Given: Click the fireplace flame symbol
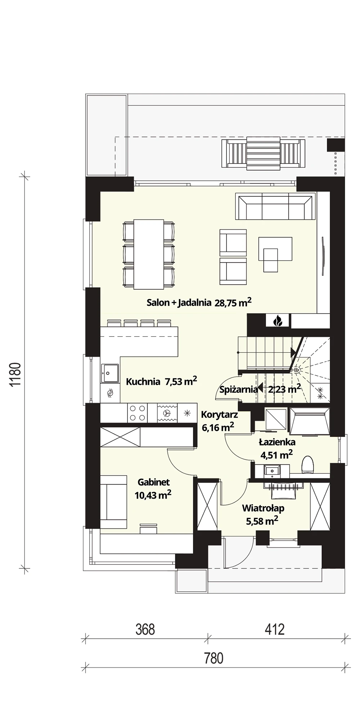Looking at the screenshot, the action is point(278,320).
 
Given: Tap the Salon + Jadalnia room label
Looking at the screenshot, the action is point(199,302).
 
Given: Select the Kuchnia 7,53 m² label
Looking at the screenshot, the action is point(161,381).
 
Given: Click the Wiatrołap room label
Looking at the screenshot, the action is point(263,515).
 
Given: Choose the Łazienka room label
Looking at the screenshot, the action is point(277,449).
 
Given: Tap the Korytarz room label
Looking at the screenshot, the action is point(219,421).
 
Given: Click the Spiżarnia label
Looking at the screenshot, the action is point(238,389).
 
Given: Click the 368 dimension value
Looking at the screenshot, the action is point(145,629).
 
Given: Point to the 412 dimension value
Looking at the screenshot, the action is point(275,629).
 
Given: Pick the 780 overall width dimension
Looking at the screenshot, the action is point(214,658).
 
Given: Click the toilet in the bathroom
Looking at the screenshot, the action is point(308,464).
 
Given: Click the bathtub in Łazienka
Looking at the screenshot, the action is point(310,421).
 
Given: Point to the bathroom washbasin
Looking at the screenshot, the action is point(272,470).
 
